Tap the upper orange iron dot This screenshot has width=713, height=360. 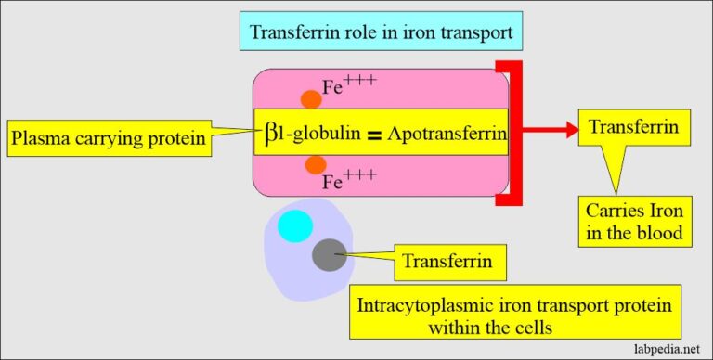pos(312,99)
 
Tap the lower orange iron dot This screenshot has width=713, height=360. pos(317,164)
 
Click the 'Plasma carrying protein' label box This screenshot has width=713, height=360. pos(107,140)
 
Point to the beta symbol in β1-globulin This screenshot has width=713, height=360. pos(265,140)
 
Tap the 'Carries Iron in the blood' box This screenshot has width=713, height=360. pos(638,221)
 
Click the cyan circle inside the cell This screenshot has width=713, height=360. pos(295,225)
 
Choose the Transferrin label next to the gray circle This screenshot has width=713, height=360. pos(442,262)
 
